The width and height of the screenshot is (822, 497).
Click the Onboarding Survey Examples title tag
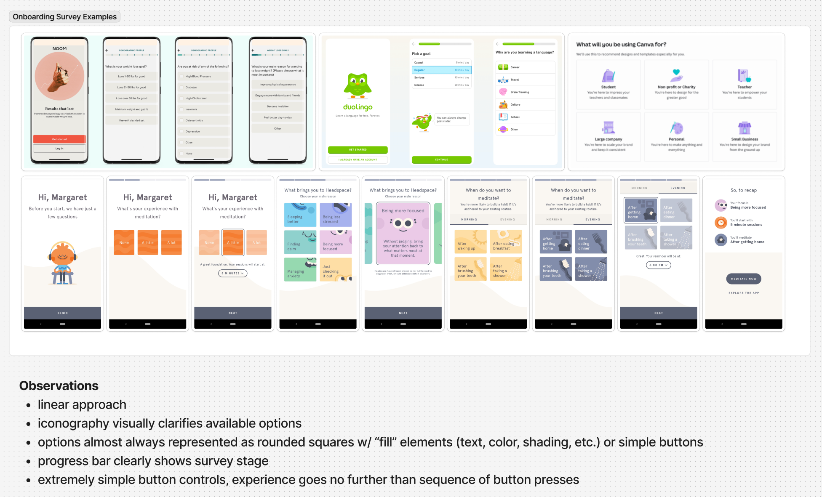coord(64,17)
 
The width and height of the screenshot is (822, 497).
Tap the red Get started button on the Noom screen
coord(59,139)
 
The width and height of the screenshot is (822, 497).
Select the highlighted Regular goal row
coord(441,70)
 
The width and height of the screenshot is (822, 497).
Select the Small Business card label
coord(745,139)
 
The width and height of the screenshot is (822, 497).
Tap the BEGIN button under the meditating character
coord(62,313)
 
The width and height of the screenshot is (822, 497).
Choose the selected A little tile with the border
coord(233,242)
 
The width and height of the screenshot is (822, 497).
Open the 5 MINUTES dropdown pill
coord(232,274)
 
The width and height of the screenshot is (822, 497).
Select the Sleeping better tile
coord(300,215)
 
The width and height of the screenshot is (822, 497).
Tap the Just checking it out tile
coord(336,269)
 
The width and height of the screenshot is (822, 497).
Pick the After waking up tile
coord(470,242)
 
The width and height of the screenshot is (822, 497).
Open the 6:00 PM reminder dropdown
coord(658,265)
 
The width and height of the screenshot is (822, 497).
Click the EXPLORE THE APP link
coord(744,293)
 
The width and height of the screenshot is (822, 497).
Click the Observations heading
coord(59,386)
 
